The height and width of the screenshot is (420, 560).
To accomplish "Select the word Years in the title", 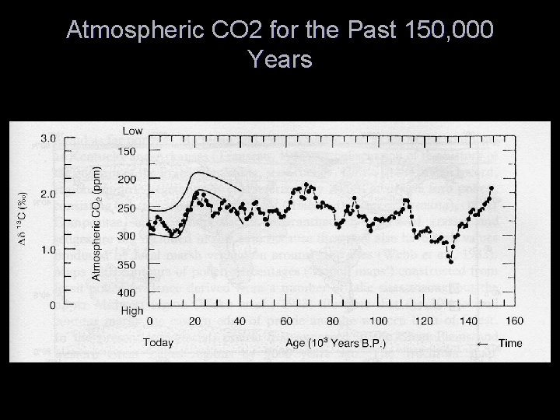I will click(280, 59).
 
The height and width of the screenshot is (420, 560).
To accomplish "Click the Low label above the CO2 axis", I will click(133, 130).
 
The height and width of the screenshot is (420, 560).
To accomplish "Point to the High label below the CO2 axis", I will click(133, 310).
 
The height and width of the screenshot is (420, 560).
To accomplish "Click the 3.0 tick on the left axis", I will click(47, 138).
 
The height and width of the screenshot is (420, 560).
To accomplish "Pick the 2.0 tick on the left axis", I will click(47, 194).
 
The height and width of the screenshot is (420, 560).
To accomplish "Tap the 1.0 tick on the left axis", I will click(47, 250).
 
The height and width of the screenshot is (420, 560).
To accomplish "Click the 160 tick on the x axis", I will click(514, 321).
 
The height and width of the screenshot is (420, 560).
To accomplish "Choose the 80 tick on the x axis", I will click(332, 321).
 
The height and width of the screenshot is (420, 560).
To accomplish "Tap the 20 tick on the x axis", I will click(194, 321).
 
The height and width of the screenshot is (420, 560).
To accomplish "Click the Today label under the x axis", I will click(159, 343).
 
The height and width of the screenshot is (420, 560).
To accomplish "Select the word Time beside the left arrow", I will click(510, 343).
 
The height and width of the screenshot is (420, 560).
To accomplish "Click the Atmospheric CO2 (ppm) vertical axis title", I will click(96, 215).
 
